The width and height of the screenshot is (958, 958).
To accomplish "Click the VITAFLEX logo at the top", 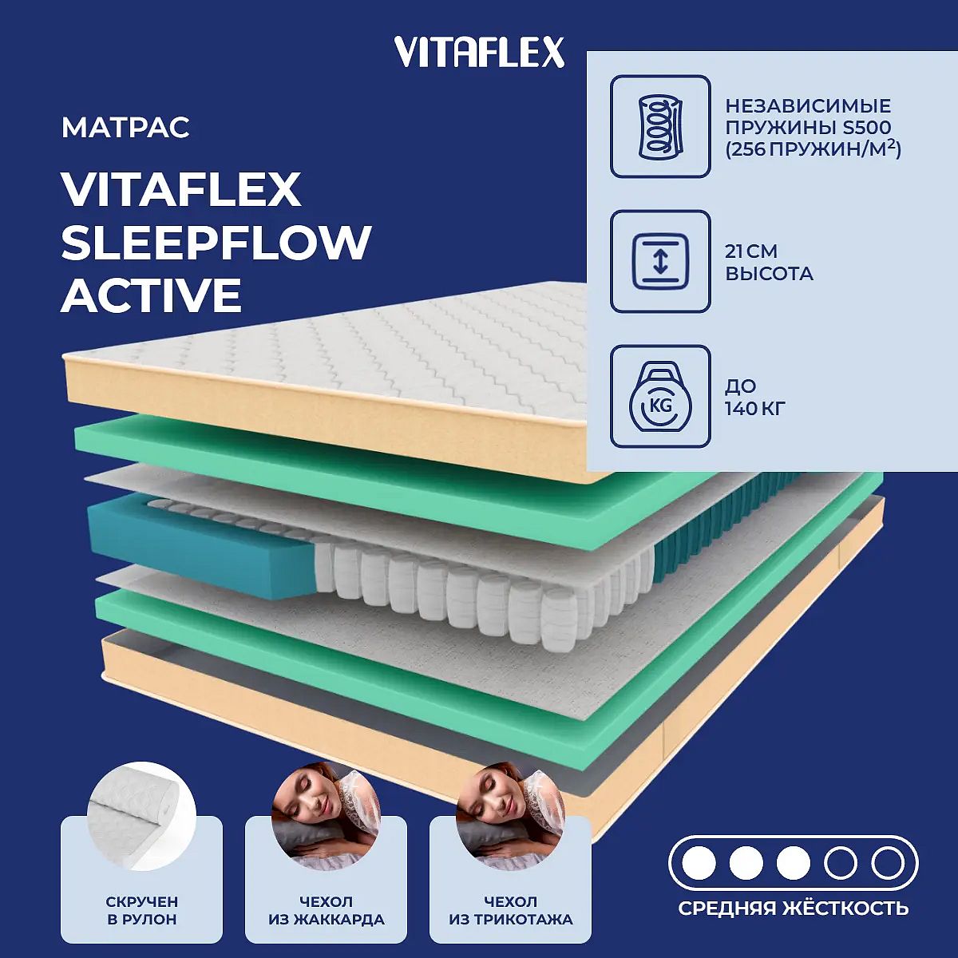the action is [x=479, y=52].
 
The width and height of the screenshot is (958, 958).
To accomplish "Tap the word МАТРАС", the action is [x=125, y=127].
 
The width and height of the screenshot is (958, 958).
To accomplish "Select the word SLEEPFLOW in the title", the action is [x=216, y=242].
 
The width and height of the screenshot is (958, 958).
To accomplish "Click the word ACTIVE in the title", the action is [x=151, y=295].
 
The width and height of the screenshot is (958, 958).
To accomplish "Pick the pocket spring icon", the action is [x=660, y=126].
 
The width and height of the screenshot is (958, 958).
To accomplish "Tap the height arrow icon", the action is [x=660, y=261].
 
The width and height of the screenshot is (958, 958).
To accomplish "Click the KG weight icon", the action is [x=660, y=396].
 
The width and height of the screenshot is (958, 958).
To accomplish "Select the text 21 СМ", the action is [x=750, y=251].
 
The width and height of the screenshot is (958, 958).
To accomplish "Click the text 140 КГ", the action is [x=754, y=408].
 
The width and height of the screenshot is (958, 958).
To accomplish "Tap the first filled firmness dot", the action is [x=699, y=864].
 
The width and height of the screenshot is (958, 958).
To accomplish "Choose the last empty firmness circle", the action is [x=888, y=864].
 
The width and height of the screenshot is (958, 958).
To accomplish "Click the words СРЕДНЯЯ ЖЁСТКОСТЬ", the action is [x=794, y=909].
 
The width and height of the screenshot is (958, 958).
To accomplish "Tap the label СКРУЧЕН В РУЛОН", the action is [x=141, y=910].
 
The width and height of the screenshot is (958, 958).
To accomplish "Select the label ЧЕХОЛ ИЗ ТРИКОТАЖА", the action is [x=511, y=910].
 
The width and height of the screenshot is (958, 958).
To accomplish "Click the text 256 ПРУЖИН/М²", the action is [x=813, y=149].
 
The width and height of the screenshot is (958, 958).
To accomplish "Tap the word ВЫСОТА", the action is [x=769, y=274].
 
